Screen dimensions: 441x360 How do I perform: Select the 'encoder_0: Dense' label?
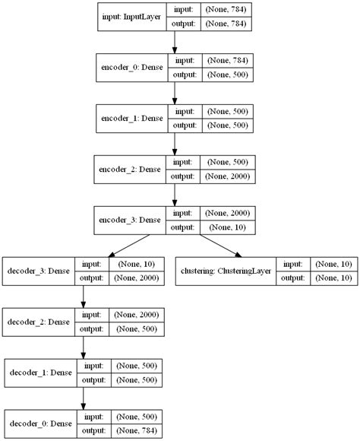coord(133,66)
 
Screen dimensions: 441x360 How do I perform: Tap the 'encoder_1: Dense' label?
coord(133,119)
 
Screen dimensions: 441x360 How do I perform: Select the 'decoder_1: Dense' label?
coord(40,373)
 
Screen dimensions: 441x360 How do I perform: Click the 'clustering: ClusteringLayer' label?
coord(226,271)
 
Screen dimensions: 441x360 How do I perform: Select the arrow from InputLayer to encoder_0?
coord(175,42)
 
